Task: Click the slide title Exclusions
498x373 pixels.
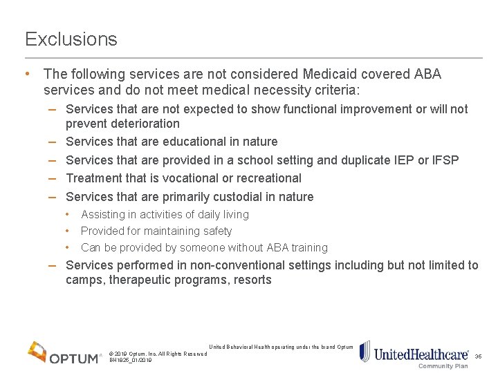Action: coord(71,39)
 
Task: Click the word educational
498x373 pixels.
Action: coord(195,142)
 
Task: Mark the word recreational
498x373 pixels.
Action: coord(265,178)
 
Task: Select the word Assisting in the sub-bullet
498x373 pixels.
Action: coord(105,215)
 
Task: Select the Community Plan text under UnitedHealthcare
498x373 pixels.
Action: coord(443,366)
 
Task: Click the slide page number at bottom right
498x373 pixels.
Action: coord(478,356)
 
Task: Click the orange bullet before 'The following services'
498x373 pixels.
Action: coord(26,73)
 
